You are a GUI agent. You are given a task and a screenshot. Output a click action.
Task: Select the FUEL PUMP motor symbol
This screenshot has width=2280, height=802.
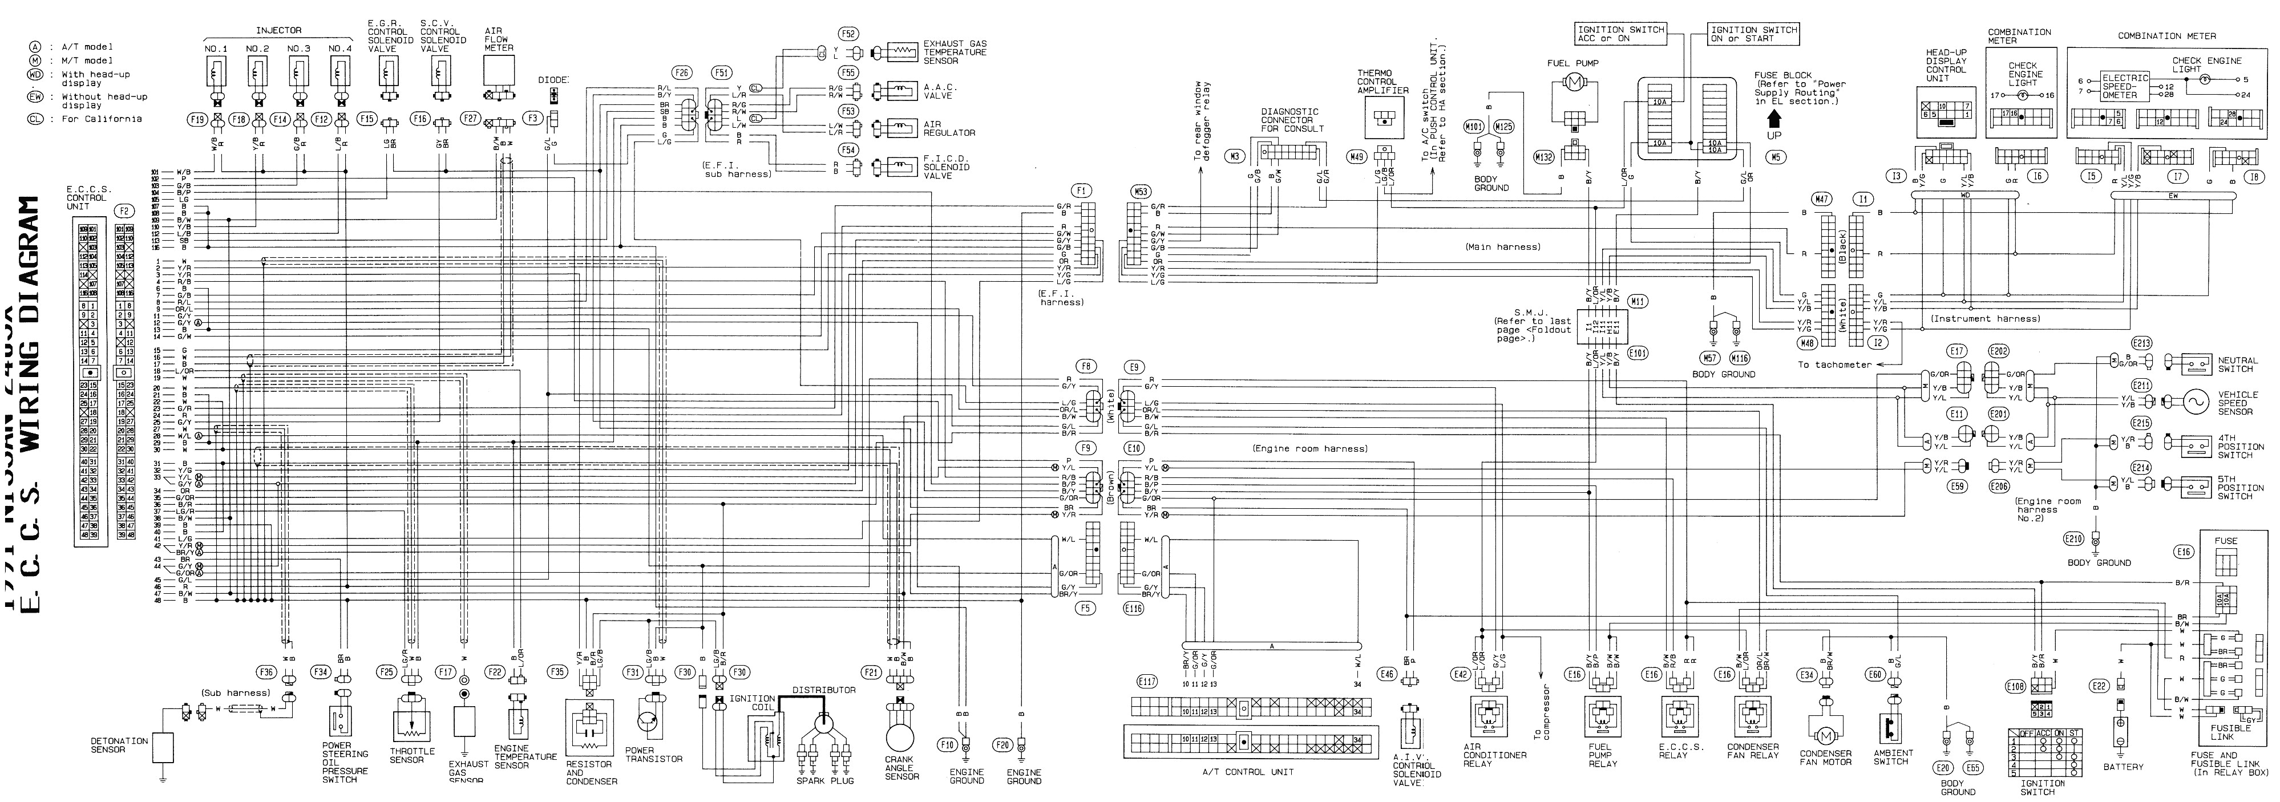pos(1574,82)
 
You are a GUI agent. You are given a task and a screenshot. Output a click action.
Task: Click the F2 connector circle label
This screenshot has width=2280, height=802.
pos(125,210)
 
